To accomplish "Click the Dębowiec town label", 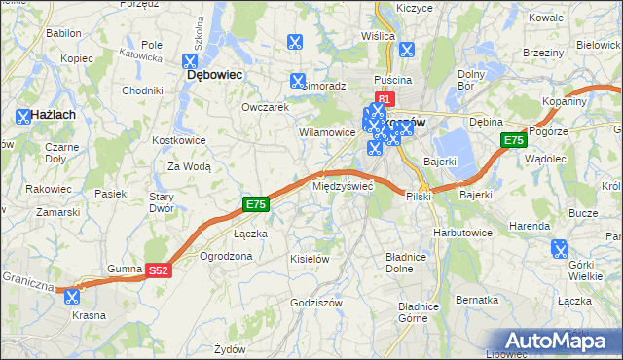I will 214,74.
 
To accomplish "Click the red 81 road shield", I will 385,99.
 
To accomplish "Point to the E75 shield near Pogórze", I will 514,141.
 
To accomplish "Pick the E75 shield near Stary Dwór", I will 255,204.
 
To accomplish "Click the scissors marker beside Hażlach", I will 23,117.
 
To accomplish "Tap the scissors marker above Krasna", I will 71,298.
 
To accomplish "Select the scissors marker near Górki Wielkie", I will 560,249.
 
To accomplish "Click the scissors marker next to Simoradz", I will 297,80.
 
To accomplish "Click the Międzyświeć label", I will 343,185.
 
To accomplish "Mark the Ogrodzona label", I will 226,257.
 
